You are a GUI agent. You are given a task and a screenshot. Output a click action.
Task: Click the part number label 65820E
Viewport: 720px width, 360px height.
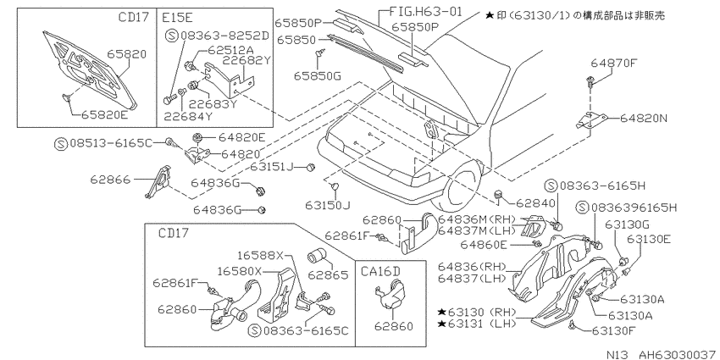(x=104, y=115)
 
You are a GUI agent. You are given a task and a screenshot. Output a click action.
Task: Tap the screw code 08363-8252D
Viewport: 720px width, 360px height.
(x=224, y=36)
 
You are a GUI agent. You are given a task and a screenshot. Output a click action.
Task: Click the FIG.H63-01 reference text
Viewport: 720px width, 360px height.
(x=425, y=11)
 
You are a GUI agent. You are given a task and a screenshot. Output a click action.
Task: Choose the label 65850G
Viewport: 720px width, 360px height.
(x=318, y=75)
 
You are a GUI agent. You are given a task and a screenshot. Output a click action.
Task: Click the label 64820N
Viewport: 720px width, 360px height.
(x=643, y=119)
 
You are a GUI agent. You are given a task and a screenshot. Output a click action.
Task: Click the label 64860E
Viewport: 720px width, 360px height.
(x=506, y=245)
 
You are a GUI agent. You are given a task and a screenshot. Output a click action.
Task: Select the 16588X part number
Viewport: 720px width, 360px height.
(x=261, y=255)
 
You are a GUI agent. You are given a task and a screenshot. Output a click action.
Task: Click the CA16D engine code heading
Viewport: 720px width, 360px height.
(x=381, y=271)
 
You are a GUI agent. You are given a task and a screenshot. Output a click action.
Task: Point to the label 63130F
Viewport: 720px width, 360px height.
(x=615, y=330)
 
